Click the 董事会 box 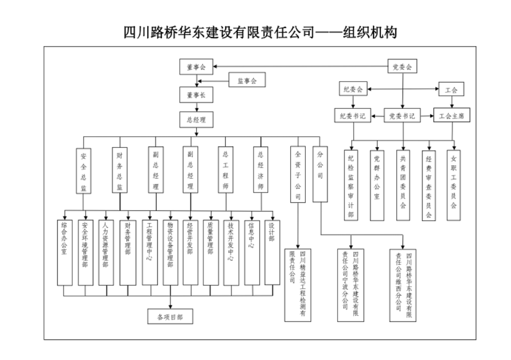[196, 67]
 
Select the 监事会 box [247, 80]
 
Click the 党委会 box [403, 66]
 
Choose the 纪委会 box [353, 89]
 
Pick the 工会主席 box [452, 116]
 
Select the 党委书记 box [402, 116]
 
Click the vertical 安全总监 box [83, 171]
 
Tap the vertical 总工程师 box [225, 171]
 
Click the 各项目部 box [170, 317]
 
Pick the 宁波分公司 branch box [351, 284]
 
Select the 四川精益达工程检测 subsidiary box [298, 284]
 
